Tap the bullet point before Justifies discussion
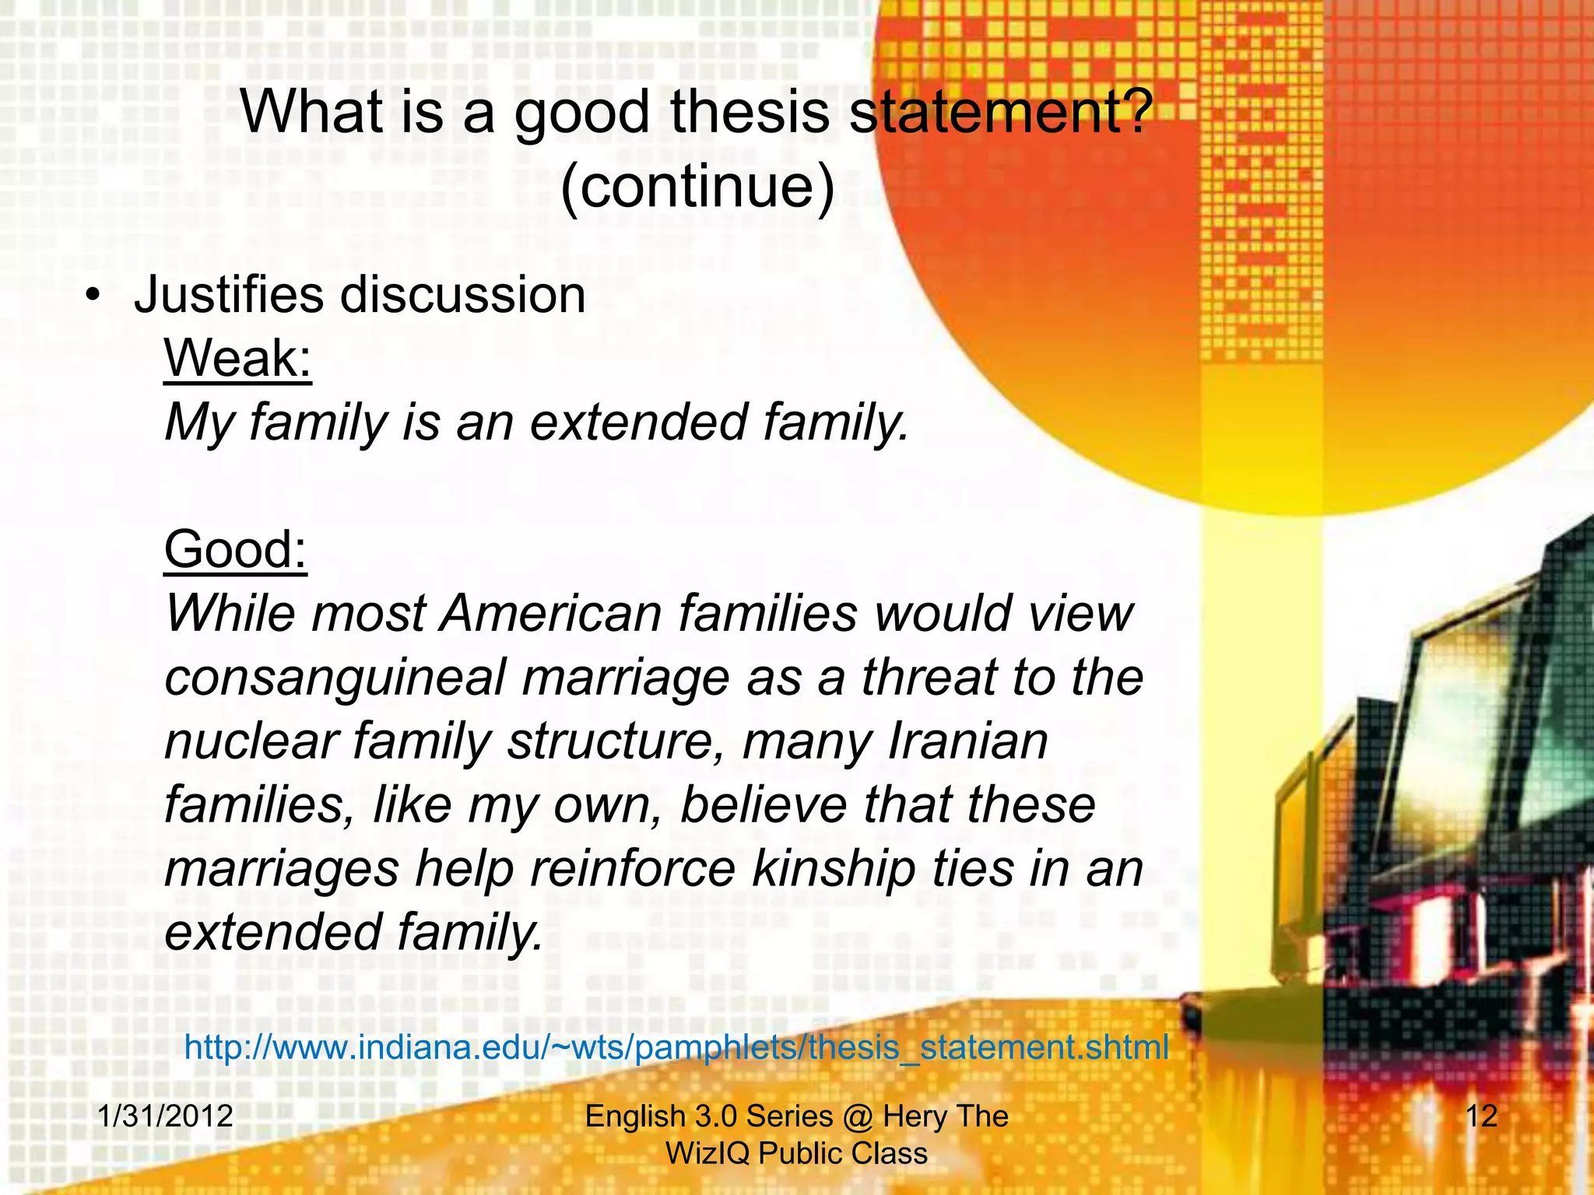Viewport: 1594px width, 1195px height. pos(93,296)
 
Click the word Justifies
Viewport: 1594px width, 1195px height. pos(228,296)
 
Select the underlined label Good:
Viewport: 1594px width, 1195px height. pos(236,549)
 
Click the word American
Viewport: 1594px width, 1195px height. pos(551,613)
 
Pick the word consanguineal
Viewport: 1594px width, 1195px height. pos(335,677)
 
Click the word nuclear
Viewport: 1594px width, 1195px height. pos(251,741)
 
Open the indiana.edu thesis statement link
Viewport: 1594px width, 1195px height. pos(676,1047)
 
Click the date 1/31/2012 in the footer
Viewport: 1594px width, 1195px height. pos(165,1116)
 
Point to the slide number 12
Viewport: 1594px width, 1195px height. pos(1481,1116)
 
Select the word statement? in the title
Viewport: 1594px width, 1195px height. pos(1000,112)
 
